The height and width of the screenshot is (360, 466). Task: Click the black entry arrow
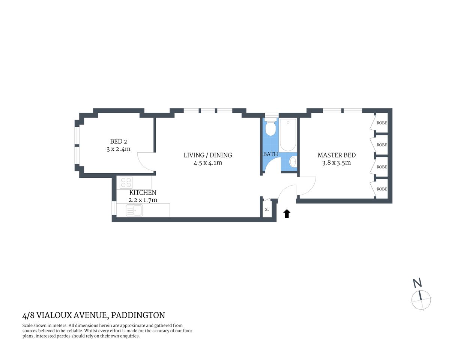pos(287,214)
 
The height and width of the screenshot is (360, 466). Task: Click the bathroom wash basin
pos(293,162)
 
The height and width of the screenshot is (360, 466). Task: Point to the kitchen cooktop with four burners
pos(126,183)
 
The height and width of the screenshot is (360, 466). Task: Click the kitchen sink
pos(134,211)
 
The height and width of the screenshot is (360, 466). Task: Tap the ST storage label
pos(267,209)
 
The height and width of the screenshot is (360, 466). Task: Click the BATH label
pos(270,154)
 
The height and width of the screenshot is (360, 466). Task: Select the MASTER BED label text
pos(336,155)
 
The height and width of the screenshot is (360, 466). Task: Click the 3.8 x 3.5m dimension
pos(336,163)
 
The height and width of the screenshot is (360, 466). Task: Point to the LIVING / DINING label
pos(207,155)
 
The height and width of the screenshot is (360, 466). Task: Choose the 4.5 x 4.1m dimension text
pos(207,163)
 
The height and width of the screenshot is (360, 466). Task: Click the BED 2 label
pos(118,141)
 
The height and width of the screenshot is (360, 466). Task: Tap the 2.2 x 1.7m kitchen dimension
pos(143,200)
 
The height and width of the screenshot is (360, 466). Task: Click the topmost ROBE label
pos(382,123)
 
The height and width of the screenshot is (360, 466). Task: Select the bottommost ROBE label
pos(382,189)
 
